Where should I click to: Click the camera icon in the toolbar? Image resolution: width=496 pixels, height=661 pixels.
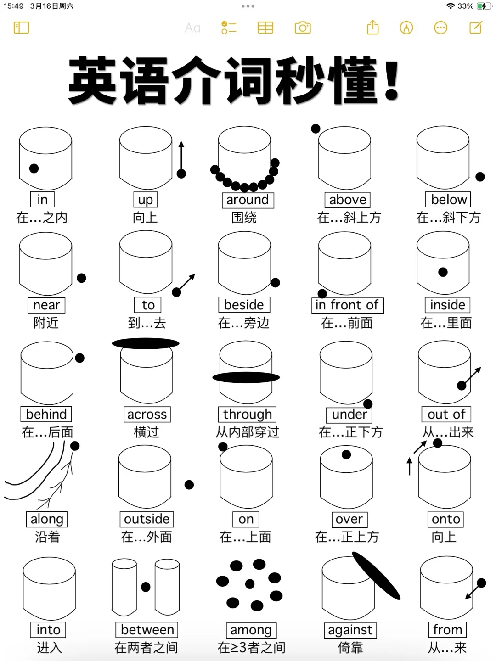pyautogui.click(x=303, y=28)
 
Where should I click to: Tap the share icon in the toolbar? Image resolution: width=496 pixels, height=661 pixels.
pyautogui.click(x=373, y=28)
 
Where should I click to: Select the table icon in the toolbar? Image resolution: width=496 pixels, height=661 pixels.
pyautogui.click(x=265, y=28)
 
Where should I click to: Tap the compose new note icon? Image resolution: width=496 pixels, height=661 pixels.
pyautogui.click(x=476, y=28)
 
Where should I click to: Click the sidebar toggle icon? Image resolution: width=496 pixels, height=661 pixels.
pyautogui.click(x=22, y=28)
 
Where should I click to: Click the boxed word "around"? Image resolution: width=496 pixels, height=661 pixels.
pyautogui.click(x=248, y=200)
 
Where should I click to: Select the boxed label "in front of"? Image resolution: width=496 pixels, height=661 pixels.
pyautogui.click(x=347, y=305)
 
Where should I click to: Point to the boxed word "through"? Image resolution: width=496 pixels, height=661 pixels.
pyautogui.click(x=247, y=415)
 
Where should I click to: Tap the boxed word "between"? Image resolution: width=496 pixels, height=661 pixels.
pyautogui.click(x=147, y=630)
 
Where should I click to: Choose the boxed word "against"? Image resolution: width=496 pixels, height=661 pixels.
pyautogui.click(x=350, y=630)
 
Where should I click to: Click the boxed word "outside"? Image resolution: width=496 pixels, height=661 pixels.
pyautogui.click(x=147, y=519)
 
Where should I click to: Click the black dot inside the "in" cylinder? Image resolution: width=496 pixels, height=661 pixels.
pyautogui.click(x=34, y=168)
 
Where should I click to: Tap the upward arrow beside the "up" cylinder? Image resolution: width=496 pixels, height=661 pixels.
pyautogui.click(x=181, y=156)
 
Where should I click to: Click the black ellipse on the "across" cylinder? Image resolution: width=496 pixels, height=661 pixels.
pyautogui.click(x=146, y=343)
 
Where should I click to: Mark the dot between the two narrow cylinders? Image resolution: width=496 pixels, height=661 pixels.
pyautogui.click(x=146, y=587)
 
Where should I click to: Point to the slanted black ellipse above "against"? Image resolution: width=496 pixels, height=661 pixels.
pyautogui.click(x=376, y=576)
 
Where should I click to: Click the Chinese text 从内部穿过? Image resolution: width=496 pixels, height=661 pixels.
pyautogui.click(x=247, y=432)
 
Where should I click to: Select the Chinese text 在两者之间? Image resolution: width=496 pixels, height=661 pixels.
pyautogui.click(x=146, y=648)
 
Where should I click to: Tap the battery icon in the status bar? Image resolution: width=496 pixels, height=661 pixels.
pyautogui.click(x=483, y=6)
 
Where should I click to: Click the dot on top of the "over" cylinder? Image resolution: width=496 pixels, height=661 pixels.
pyautogui.click(x=346, y=454)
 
